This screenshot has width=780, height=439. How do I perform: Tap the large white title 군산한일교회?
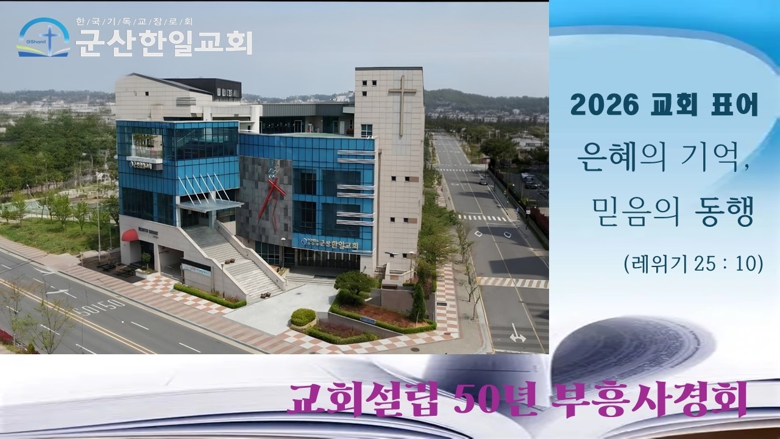coord(163,43)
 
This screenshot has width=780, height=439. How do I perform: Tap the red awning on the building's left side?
coord(130,235)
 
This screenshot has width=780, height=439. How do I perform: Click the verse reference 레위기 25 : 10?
coord(693,263)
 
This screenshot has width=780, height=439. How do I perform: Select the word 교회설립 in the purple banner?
coord(355,399)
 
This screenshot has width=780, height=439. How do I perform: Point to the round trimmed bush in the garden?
coord(303,317)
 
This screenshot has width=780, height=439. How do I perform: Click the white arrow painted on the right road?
coord(517,334)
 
